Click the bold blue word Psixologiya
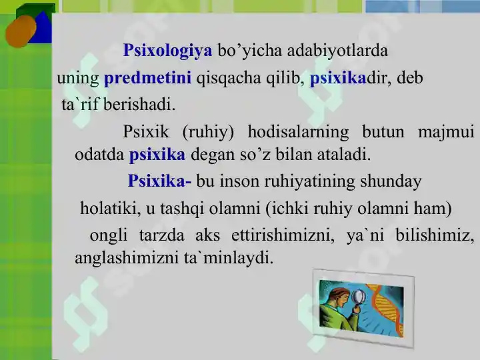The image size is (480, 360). tap(167, 51)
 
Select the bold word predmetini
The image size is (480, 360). tap(147, 78)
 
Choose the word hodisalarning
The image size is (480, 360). tap(297, 131)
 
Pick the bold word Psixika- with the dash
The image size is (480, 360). tap(159, 181)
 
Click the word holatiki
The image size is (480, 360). tap(109, 208)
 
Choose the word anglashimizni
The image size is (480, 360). tap(127, 257)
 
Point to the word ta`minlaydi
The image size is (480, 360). tap(228, 257)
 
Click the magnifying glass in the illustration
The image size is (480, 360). tap(359, 295)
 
